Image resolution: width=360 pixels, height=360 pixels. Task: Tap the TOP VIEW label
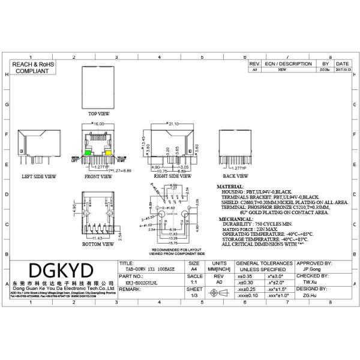point(99,113)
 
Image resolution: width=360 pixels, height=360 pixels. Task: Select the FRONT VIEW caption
point(98,177)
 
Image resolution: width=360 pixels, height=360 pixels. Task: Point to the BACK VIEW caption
point(236,177)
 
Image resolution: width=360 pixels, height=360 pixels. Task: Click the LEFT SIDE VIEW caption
point(39,177)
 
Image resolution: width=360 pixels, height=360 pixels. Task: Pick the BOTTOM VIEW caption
point(99,245)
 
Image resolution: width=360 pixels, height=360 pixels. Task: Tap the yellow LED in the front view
point(109,154)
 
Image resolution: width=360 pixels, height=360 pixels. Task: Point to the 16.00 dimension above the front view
point(98,124)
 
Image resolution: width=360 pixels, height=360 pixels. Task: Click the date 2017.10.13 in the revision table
point(343,70)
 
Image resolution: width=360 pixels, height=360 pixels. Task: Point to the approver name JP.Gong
point(313,271)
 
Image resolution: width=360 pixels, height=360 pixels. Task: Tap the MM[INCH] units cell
point(220,271)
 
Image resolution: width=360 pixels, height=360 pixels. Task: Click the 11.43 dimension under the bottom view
point(98,238)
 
